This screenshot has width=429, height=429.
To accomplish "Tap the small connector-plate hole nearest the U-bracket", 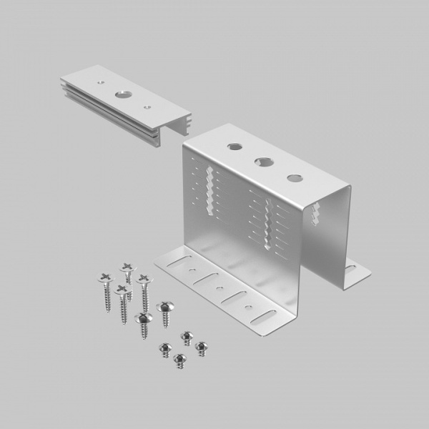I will (147, 107).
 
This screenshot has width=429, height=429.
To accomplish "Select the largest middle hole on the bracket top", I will (263, 162).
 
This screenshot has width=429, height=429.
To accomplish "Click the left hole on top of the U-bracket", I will (235, 147).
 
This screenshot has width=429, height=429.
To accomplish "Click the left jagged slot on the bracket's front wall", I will (209, 190).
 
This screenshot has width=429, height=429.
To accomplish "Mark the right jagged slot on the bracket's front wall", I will (267, 225).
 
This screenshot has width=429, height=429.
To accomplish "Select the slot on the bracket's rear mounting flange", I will (350, 270).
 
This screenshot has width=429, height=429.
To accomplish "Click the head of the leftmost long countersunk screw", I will (104, 277).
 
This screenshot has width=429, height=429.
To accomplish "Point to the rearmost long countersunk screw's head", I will (127, 268).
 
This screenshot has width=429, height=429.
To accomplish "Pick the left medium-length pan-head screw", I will (143, 318).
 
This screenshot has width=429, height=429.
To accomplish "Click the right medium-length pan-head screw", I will (165, 307).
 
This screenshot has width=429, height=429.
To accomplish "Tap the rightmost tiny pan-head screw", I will (201, 347).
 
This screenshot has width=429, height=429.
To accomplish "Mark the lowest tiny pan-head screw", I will (182, 359).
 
